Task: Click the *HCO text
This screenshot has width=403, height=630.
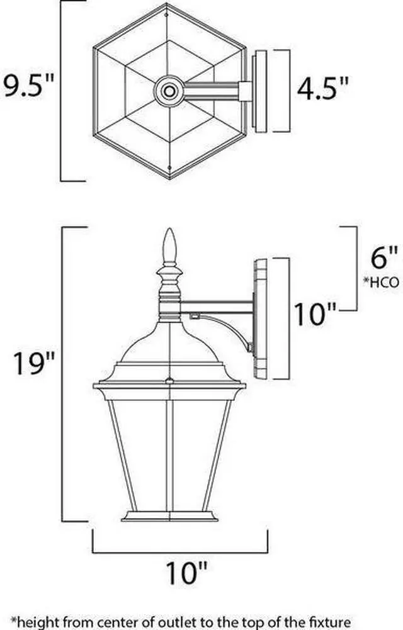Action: tap(382, 282)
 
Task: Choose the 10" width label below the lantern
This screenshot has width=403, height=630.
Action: tap(187, 572)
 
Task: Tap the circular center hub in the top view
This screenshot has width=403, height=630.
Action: tap(169, 91)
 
